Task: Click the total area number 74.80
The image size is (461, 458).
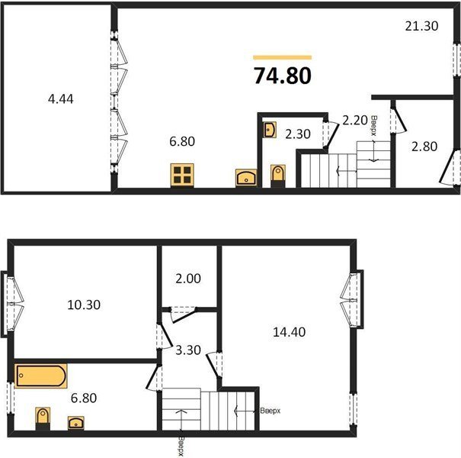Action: point(282,76)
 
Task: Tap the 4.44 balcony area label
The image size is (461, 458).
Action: point(60,99)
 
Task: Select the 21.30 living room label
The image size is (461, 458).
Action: point(421,26)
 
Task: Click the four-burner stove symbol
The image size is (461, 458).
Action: point(182,176)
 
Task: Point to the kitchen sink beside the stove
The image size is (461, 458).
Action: point(246,178)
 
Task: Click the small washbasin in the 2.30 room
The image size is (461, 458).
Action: point(270,130)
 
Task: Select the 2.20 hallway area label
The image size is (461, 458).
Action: point(355,120)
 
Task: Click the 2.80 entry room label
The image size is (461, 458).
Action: point(424,147)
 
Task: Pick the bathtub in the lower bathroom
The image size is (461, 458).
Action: point(41,376)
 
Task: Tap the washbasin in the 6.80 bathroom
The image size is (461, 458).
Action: point(76,423)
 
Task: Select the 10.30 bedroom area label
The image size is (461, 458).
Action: point(84,305)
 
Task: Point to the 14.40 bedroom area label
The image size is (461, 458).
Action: point(290,332)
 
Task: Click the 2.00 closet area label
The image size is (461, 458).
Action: point(188,279)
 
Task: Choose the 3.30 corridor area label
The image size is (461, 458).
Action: point(188,350)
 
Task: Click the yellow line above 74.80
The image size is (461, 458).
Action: point(282,57)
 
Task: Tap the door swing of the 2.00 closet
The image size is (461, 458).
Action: point(184,315)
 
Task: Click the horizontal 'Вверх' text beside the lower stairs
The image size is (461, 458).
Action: point(271,411)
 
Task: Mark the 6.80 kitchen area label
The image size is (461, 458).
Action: point(182,142)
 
